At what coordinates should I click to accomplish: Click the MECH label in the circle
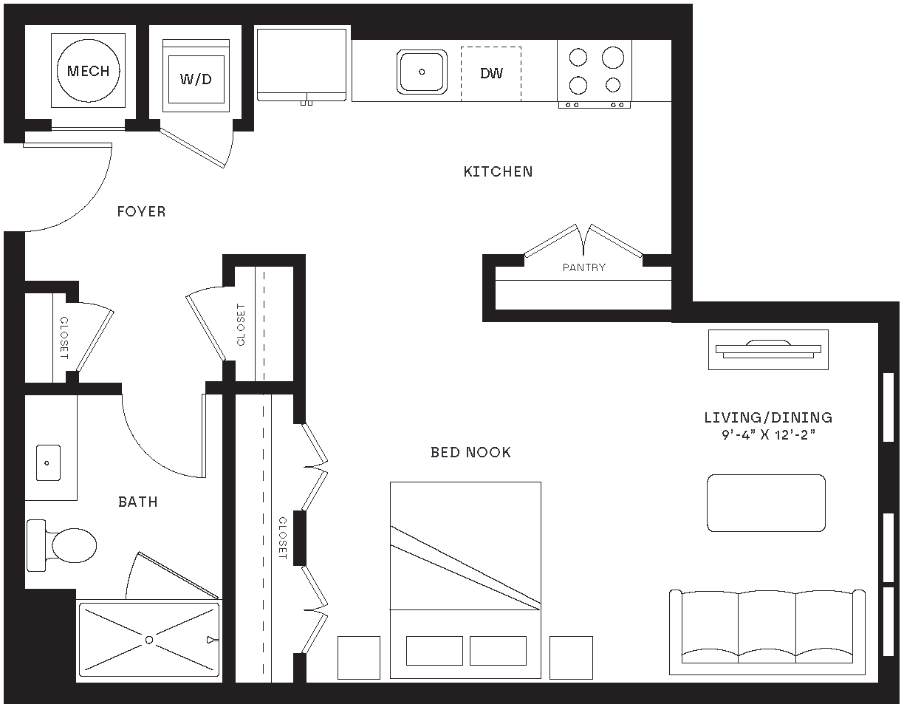pos(88,71)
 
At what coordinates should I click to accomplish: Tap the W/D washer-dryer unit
pos(196,78)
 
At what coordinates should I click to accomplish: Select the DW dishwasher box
pos(491,73)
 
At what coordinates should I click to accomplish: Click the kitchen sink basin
pos(422,72)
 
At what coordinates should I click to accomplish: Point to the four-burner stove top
pos(595,71)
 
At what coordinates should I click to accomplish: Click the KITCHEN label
pos(498,171)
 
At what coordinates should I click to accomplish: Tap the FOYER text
pos(141,212)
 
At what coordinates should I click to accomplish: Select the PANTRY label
pos(583,267)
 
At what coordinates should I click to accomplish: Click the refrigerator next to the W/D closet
pos(301,64)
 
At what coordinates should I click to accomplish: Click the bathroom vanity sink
pos(47,463)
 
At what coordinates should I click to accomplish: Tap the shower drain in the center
pos(149,639)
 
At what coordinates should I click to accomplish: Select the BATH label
pos(138,502)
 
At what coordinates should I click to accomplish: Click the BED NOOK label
pos(470,452)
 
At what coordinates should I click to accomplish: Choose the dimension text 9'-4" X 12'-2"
pos(768,435)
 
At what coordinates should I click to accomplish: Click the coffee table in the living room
pos(766,503)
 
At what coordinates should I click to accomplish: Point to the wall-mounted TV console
pos(768,349)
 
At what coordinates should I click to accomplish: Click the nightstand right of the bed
pos(571,658)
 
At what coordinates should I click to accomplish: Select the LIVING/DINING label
pos(768,417)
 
